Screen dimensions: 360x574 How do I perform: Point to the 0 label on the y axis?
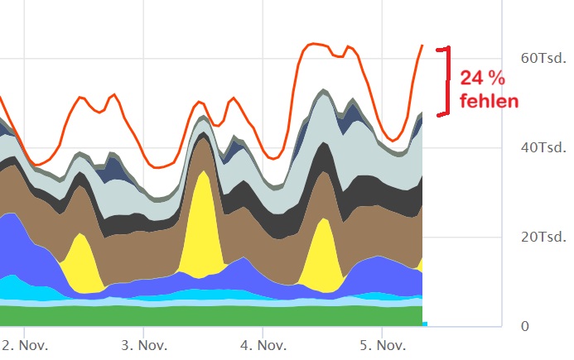525,326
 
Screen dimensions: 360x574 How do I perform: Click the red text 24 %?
482,79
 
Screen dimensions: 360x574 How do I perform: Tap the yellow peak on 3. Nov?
201,223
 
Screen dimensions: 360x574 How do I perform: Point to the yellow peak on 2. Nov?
81,261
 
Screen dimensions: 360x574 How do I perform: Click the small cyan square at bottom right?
424,324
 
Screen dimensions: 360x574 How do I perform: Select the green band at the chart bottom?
207,316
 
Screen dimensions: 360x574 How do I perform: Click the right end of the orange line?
422,46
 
